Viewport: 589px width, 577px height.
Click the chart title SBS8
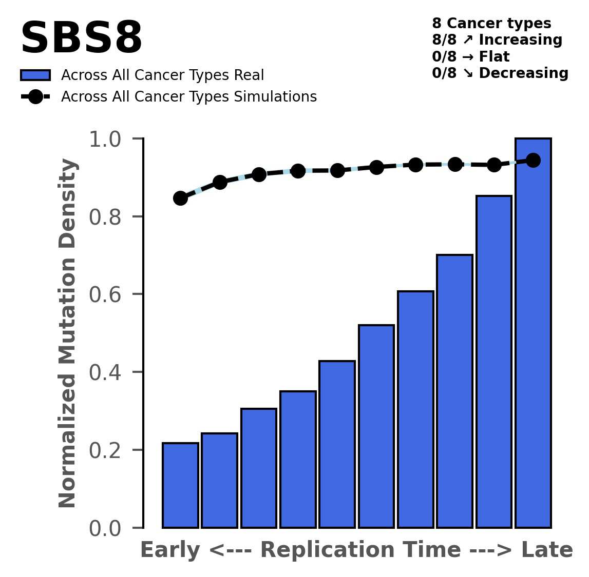tap(81, 38)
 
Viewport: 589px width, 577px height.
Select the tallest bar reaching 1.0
tap(533, 333)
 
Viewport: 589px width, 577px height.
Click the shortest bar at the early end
tap(180, 485)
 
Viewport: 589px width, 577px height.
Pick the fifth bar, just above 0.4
tap(337, 444)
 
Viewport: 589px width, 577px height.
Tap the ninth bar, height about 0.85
tap(493, 362)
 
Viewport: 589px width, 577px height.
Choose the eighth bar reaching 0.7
tap(454, 391)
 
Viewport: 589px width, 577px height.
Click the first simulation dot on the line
tap(180, 198)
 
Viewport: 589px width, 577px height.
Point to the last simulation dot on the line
tap(533, 160)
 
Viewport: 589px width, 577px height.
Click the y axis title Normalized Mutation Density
tap(68, 333)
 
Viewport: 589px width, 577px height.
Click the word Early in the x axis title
tap(170, 550)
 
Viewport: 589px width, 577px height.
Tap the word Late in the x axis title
tap(547, 550)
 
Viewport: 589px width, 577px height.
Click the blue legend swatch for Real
tap(35, 75)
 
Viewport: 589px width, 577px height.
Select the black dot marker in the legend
tap(35, 96)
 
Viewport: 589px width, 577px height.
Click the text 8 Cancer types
tap(491, 24)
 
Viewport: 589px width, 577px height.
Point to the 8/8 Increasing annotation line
tap(497, 40)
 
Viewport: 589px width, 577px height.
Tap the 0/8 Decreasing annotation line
tap(500, 73)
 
